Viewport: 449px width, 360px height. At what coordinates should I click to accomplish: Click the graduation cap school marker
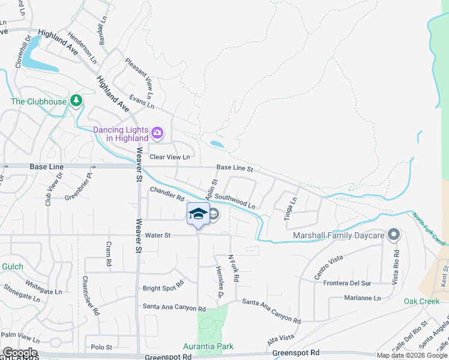pyautogui.click(x=198, y=214)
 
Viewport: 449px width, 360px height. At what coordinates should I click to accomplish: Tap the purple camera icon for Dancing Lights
pyautogui.click(x=157, y=133)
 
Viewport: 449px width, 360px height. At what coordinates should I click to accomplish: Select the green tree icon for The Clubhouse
pyautogui.click(x=76, y=100)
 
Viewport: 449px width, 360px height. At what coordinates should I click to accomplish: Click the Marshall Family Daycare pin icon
pyautogui.click(x=394, y=235)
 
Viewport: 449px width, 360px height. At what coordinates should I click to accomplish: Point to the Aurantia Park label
pyautogui.click(x=208, y=347)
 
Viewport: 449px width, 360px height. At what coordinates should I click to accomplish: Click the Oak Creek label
pyautogui.click(x=422, y=301)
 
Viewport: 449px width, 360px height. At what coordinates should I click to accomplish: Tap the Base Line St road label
pyautogui.click(x=235, y=169)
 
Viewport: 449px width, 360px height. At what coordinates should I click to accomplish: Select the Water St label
pyautogui.click(x=158, y=236)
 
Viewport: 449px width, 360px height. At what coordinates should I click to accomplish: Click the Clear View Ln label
pyautogui.click(x=169, y=157)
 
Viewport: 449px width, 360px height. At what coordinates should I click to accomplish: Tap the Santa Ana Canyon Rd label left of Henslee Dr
pyautogui.click(x=174, y=308)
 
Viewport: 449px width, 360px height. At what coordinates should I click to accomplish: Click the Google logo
pyautogui.click(x=19, y=353)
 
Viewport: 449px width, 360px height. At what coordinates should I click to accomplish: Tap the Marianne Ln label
pyautogui.click(x=363, y=298)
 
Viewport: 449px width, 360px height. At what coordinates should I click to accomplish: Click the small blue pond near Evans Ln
pyautogui.click(x=217, y=144)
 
